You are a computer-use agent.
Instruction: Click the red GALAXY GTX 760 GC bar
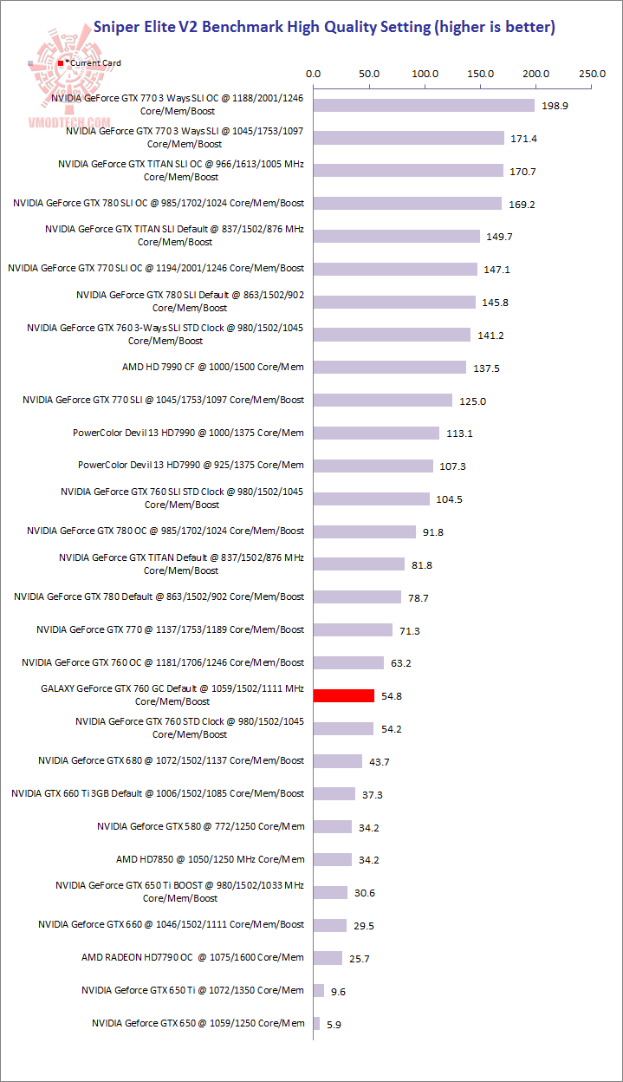(343, 695)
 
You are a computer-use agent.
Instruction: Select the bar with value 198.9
(424, 105)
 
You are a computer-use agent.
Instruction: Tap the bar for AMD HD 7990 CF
(390, 368)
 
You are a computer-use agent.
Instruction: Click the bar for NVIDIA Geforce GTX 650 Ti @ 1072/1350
(319, 990)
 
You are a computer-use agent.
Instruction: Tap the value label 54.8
(394, 696)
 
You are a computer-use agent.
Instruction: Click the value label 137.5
(486, 368)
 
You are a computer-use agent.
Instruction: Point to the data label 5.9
(334, 1024)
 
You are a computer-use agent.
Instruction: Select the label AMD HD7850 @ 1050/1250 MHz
(210, 859)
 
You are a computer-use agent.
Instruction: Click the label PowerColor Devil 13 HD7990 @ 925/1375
(191, 465)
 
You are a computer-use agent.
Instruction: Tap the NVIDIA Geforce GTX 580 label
(200, 826)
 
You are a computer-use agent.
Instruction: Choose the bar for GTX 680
(338, 760)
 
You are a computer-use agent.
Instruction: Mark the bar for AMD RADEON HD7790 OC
(328, 957)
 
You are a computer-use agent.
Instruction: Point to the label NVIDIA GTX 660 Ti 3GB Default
(158, 793)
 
